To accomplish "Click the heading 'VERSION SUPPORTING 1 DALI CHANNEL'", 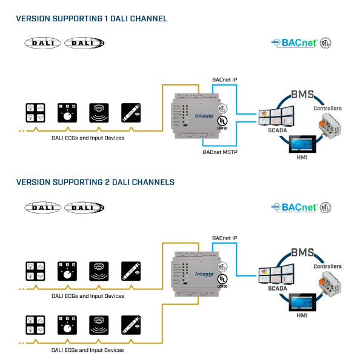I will [92, 19].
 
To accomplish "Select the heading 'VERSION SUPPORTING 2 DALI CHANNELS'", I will [95, 181].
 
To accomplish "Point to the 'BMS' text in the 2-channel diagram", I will [302, 252].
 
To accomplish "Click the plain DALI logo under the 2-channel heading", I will [42, 207].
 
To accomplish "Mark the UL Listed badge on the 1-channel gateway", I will [223, 121].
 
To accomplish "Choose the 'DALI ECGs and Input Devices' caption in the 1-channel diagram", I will [88, 138].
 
